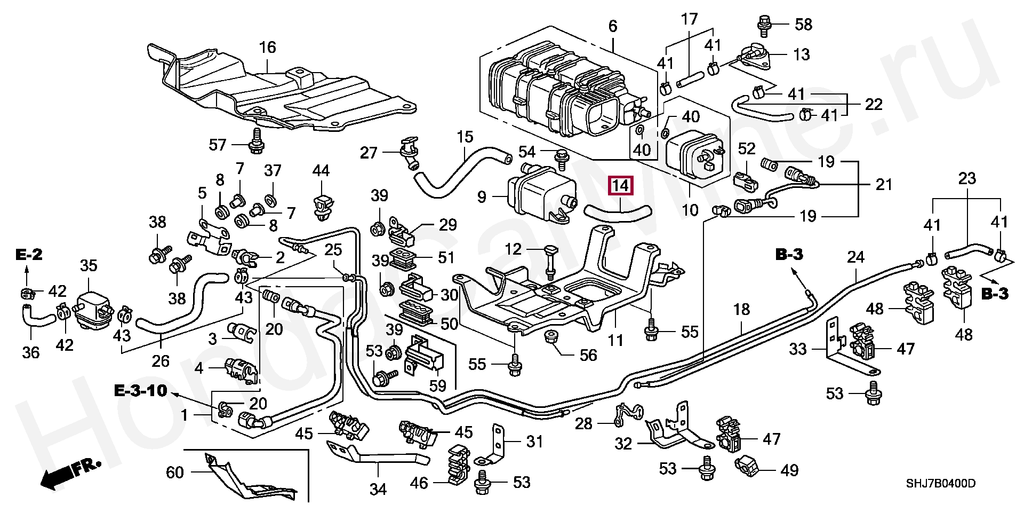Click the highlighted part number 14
point(621,186)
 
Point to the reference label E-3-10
point(141,392)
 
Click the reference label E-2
point(29,255)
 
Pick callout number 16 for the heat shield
point(268,48)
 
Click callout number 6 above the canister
point(612,26)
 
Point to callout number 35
point(89,265)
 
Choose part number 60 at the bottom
point(175,472)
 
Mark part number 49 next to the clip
point(789,470)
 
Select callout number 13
point(802,54)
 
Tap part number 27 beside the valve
point(369,153)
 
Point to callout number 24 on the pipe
point(855,258)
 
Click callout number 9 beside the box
point(482,198)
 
